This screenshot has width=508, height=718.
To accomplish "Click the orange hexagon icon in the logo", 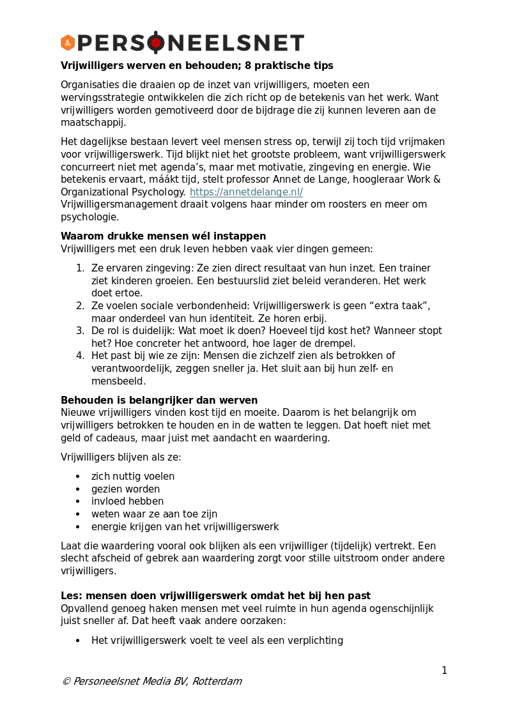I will [x=68, y=43].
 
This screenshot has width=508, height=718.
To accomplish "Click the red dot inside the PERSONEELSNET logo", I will [x=156, y=43].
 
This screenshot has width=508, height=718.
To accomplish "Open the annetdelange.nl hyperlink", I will [x=246, y=192].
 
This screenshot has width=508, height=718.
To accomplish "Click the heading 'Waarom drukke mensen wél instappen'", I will [x=163, y=236].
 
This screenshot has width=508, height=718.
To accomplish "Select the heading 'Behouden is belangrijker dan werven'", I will [x=159, y=401].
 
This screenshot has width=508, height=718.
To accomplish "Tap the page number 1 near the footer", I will [x=444, y=671].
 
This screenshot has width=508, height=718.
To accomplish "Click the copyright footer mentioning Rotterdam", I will [x=151, y=682].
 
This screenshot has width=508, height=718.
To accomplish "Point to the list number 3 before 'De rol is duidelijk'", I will [x=81, y=331].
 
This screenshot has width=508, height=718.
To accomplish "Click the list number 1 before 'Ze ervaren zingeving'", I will [x=81, y=268].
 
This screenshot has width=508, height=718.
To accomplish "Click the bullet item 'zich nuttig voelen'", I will [x=133, y=477].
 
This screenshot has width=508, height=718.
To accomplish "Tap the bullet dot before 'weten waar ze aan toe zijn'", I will [x=78, y=514].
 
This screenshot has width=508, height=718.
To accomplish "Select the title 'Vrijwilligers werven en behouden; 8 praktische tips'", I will [x=197, y=66].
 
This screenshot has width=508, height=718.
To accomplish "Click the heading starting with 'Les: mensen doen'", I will [x=215, y=596].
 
